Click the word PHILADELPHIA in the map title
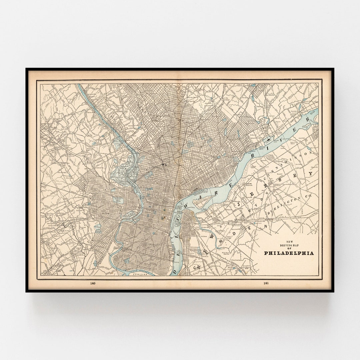(x=289, y=253)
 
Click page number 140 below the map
(x=93, y=283)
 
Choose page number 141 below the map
(x=266, y=283)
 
